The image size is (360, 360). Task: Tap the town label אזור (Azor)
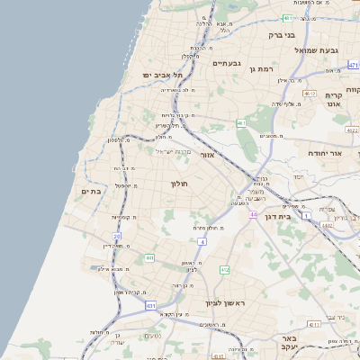[x=207, y=155]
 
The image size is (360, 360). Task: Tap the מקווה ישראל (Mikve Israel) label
[x=171, y=150]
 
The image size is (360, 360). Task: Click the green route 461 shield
[x=241, y=122]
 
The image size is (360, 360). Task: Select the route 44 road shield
[x=254, y=215]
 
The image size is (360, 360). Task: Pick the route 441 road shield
[x=148, y=258]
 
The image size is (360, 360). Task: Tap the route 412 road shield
[x=225, y=270]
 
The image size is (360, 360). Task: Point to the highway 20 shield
[x=117, y=236]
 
